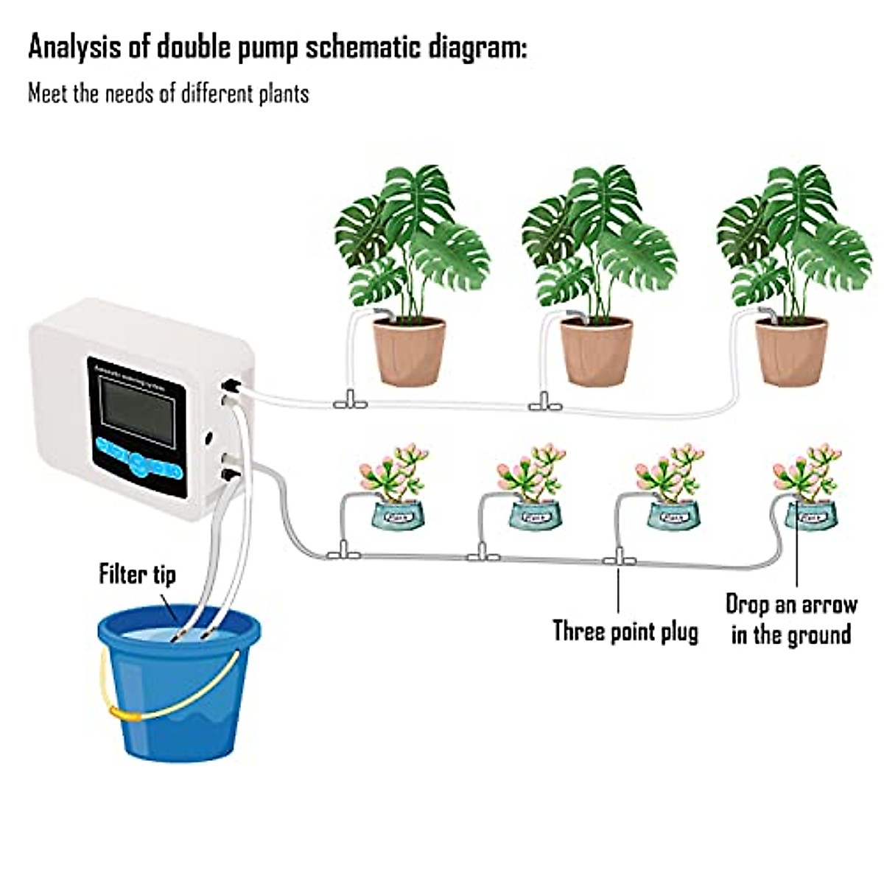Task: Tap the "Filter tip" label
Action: pyautogui.click(x=138, y=574)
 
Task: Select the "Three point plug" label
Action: pyautogui.click(x=625, y=631)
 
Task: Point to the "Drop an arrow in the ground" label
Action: pyautogui.click(x=791, y=620)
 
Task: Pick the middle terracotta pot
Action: pyautogui.click(x=597, y=351)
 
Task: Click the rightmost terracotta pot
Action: pyautogui.click(x=792, y=351)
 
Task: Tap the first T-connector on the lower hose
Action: pyautogui.click(x=343, y=551)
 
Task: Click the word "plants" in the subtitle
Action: pyautogui.click(x=284, y=94)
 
